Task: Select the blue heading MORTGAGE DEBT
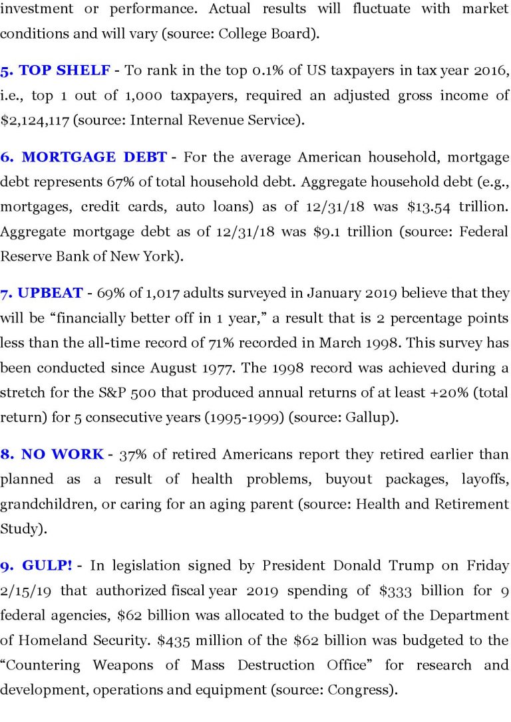94,158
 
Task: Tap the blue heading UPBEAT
50,293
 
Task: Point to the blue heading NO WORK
62,455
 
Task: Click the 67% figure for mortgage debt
119,182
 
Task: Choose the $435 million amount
175,640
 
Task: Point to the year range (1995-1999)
250,417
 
